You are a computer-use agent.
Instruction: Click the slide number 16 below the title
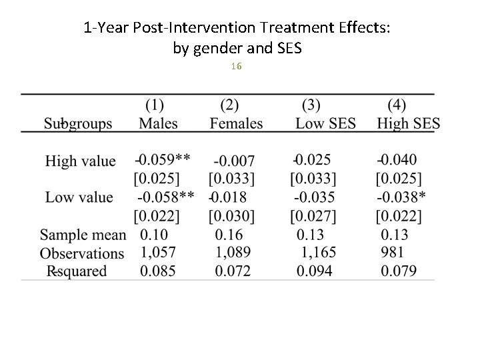click(x=236, y=67)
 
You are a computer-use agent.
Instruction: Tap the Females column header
click(x=236, y=123)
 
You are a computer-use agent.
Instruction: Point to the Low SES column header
click(x=325, y=123)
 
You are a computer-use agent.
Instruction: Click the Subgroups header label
click(x=78, y=124)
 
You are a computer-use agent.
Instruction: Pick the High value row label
click(x=80, y=161)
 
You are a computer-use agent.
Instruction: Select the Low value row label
click(x=79, y=197)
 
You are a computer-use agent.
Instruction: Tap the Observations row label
click(x=82, y=253)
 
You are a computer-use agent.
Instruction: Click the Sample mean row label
click(x=83, y=235)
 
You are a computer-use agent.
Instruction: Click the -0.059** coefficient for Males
click(x=163, y=160)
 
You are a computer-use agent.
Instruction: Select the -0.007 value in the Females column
click(x=233, y=161)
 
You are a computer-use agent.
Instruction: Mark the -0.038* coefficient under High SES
click(x=401, y=197)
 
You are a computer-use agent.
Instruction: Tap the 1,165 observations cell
click(x=317, y=253)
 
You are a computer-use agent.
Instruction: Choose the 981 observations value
click(x=392, y=253)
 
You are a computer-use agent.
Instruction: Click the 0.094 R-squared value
click(x=315, y=271)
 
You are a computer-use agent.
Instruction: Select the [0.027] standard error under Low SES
click(x=313, y=216)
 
